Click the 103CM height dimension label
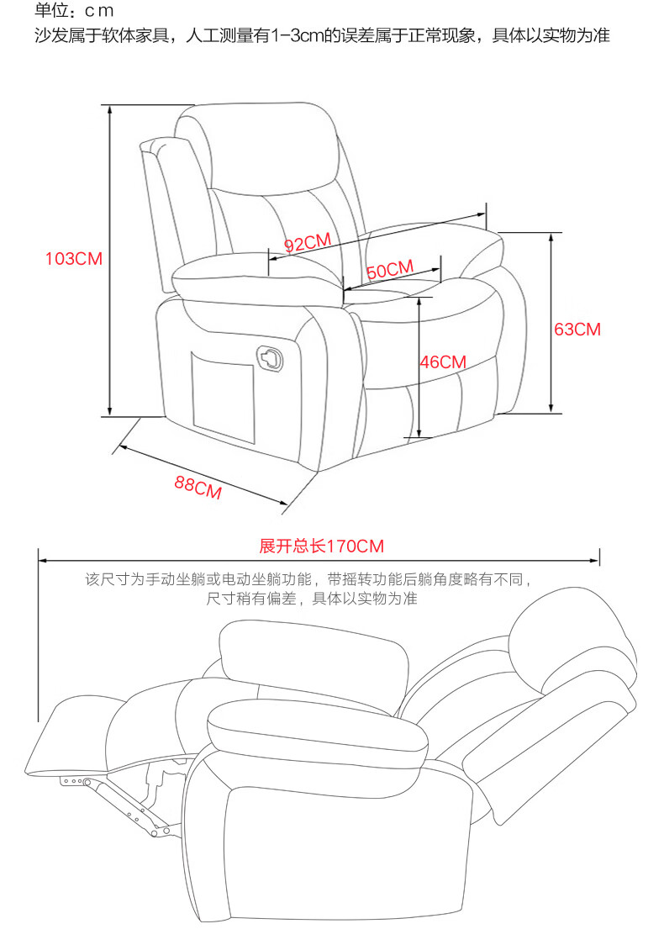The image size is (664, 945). [x=74, y=258]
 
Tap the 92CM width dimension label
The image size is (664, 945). [x=308, y=243]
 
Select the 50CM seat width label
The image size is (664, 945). [x=390, y=270]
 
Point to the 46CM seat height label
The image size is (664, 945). [x=442, y=362]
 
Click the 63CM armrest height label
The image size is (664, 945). [x=577, y=329]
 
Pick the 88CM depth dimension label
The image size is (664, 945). [x=198, y=487]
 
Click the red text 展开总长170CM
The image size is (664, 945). [x=322, y=546]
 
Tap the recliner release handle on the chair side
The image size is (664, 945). [x=271, y=356]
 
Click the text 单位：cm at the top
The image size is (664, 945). [x=74, y=11]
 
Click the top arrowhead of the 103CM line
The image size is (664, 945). [x=109, y=110]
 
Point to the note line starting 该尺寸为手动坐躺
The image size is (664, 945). [x=309, y=579]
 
